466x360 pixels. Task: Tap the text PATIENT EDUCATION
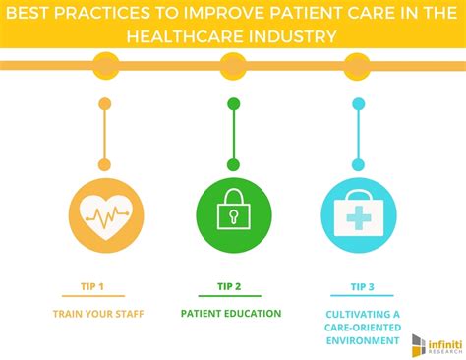tap(232, 314)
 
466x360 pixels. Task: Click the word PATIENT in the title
tap(306, 13)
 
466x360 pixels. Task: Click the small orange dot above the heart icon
tap(106, 103)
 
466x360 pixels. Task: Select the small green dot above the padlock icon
tap(233, 103)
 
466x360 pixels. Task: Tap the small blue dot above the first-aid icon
tap(358, 103)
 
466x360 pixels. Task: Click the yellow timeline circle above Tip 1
tap(106, 66)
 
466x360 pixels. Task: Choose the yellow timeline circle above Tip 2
tap(233, 66)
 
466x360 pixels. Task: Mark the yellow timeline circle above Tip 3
tap(358, 66)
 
